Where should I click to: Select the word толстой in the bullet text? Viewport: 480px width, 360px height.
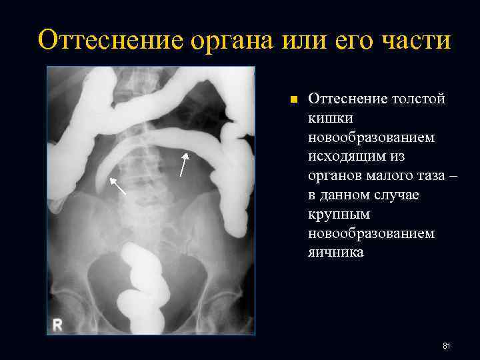[419, 99]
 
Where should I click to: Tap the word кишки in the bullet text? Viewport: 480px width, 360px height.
[327, 118]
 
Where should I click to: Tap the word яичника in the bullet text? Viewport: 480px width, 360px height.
[336, 253]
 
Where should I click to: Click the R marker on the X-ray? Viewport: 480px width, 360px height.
[58, 325]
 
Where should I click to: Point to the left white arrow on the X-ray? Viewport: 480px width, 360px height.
[118, 187]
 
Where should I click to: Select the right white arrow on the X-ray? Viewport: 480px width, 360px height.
[184, 164]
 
